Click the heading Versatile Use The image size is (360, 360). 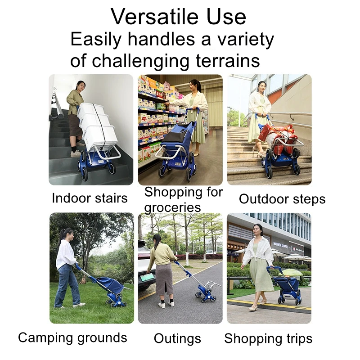(179, 17)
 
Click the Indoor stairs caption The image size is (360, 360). (90, 198)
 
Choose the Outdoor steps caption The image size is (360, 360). (282, 199)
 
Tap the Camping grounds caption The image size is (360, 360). (72, 337)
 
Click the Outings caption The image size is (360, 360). (177, 338)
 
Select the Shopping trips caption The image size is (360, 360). (268, 338)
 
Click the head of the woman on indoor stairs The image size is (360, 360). (81, 85)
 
